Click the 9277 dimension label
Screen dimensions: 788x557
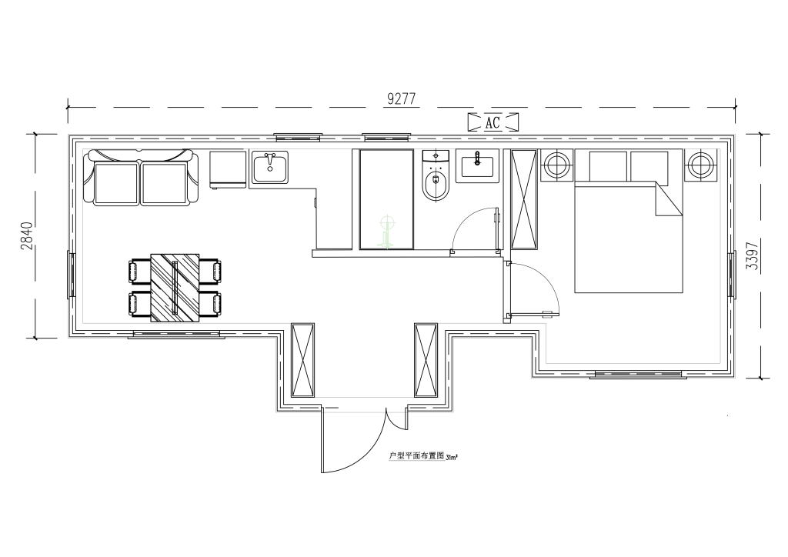(402, 99)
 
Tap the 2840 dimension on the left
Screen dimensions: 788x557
(27, 236)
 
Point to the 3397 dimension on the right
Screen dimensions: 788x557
(752, 256)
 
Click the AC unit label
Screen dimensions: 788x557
(492, 122)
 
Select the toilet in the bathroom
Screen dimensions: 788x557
(436, 175)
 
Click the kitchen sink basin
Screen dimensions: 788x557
(270, 168)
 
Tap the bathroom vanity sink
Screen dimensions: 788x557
(477, 165)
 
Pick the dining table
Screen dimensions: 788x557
(175, 288)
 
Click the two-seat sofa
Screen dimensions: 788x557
(140, 177)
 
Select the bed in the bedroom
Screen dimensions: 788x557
(629, 221)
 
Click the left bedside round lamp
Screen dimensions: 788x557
(557, 164)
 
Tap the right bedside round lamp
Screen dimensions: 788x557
(700, 164)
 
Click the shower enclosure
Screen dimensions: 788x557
(386, 199)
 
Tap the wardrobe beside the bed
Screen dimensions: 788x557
(524, 199)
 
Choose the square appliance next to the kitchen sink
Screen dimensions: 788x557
(229, 169)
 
